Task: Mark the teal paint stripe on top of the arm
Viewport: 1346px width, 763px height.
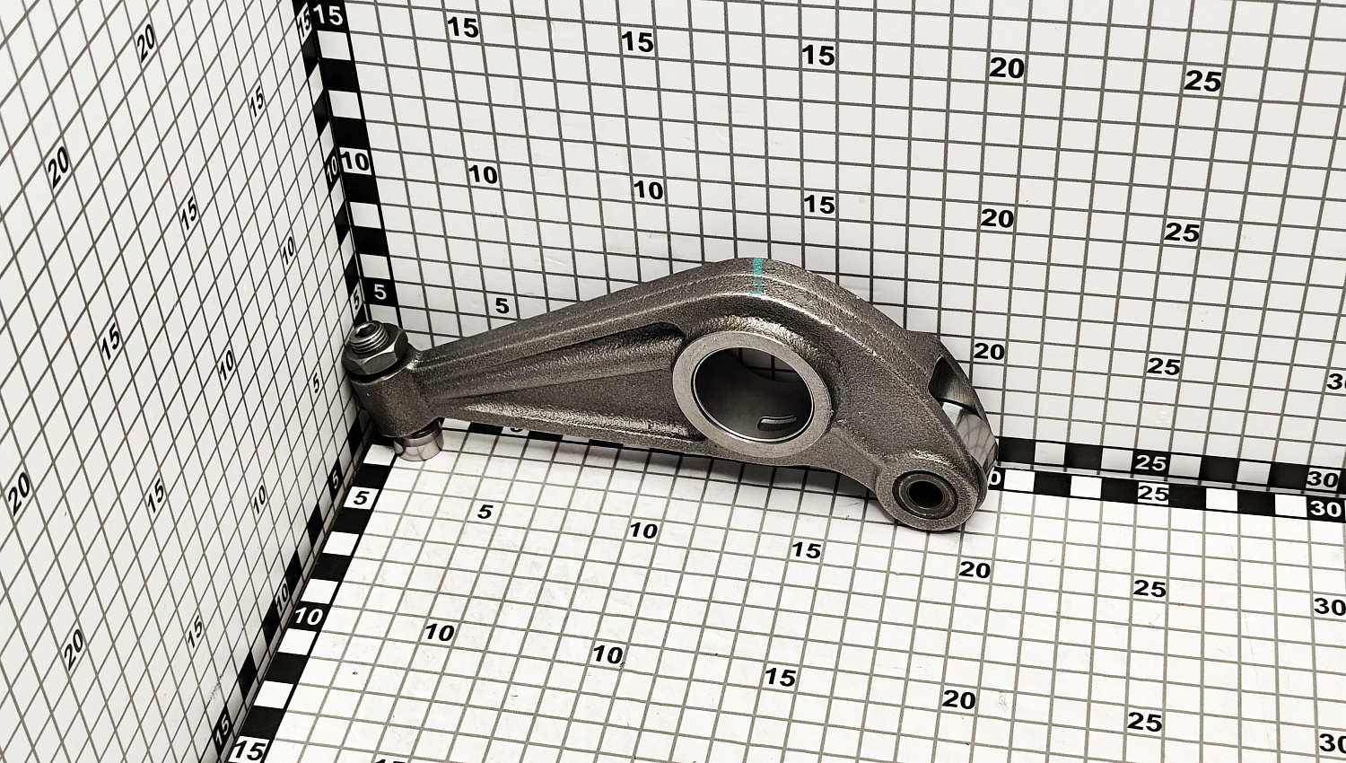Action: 757,276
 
